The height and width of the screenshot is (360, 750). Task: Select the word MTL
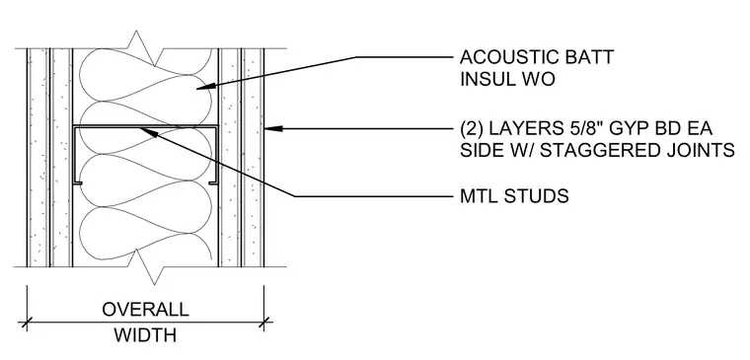480,196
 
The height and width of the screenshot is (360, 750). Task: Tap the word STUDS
537,196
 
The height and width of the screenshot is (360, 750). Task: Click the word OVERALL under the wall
145,310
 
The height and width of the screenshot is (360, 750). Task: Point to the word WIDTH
145,334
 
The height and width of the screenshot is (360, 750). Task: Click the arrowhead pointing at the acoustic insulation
205,87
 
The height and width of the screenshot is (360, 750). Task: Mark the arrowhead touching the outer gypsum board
273,128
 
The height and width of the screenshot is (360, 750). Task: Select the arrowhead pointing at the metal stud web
150,131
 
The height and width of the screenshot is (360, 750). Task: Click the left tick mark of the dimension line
27,323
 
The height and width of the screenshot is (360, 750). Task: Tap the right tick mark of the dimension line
263,323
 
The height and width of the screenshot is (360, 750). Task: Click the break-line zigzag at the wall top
143,47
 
